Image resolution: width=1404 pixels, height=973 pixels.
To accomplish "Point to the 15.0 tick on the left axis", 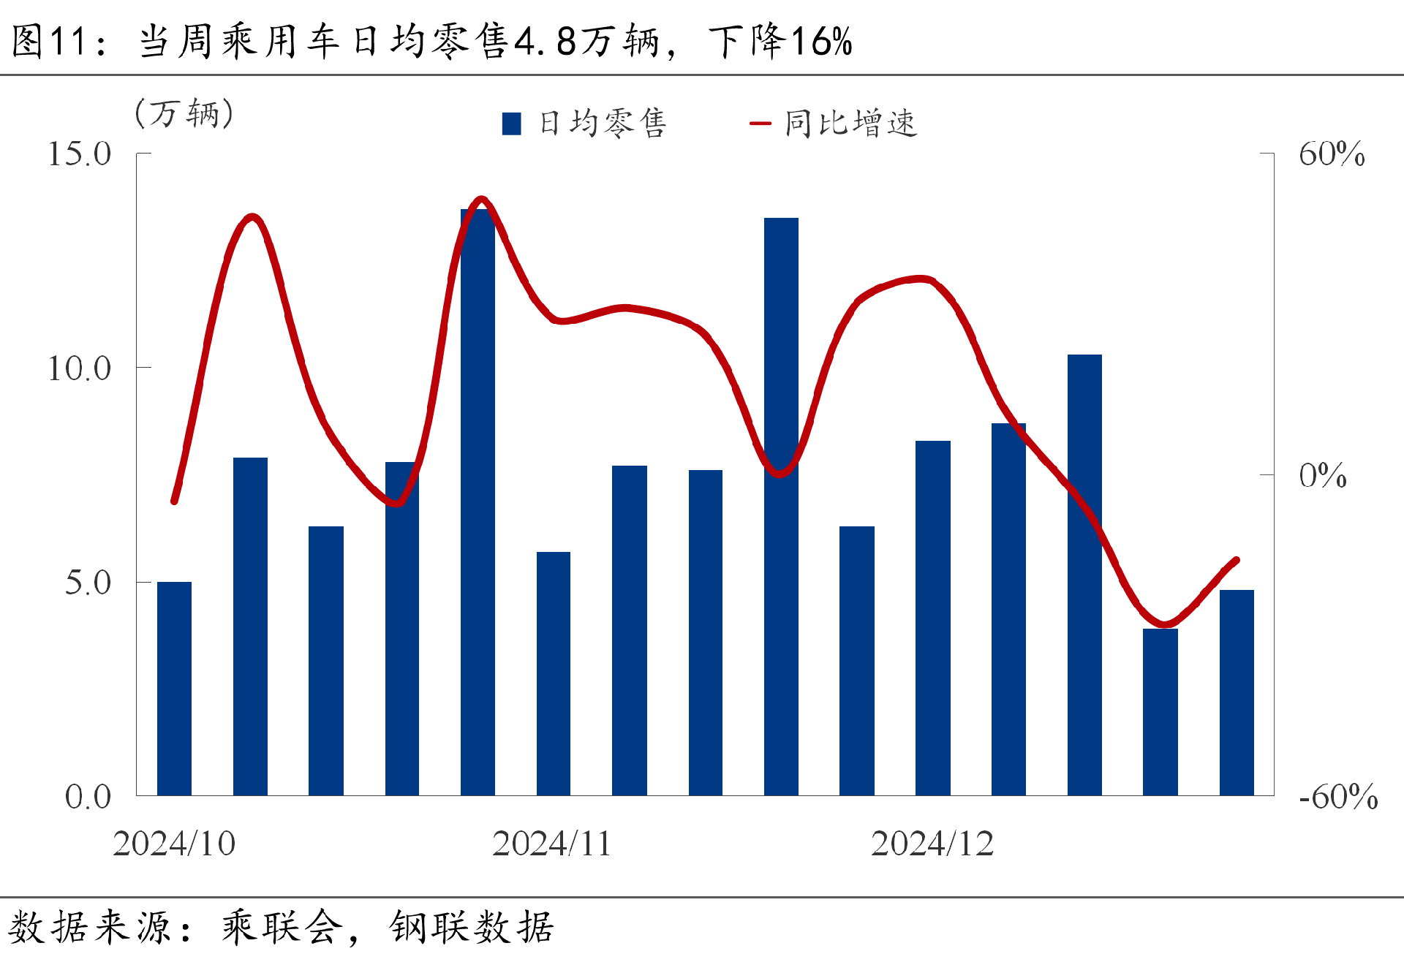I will pos(79,154).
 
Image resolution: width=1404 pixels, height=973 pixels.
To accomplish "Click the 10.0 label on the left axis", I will pos(79,368).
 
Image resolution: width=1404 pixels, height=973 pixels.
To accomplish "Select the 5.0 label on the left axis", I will pos(88,583).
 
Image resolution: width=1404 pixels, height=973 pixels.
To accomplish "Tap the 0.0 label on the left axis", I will pos(88,797).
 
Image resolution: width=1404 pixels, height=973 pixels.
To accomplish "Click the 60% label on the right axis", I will pos(1331,154).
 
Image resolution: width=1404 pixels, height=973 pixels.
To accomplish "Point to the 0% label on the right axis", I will pos(1322,476).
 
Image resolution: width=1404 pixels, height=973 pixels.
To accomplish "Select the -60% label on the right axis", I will pos(1337,797).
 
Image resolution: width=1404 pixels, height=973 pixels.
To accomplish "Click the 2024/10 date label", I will pos(174,844).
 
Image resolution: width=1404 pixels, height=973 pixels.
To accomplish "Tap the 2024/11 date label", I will pos(551,844).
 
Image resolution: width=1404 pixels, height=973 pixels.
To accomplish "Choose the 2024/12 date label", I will pos(932,844).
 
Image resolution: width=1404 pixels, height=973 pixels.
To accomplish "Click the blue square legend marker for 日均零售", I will pos(512,124).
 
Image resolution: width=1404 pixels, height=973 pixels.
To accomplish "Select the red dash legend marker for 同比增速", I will pos(760,124).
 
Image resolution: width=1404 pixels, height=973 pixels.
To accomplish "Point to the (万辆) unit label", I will pos(184,113).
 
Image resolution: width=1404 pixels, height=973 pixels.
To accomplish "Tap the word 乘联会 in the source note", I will pos(282,927).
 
